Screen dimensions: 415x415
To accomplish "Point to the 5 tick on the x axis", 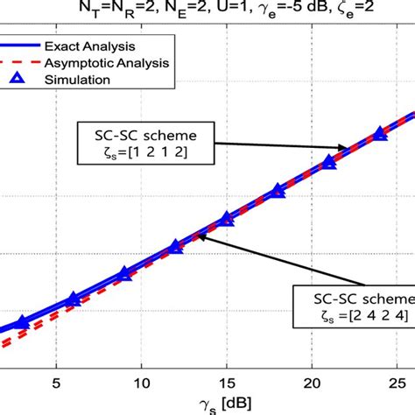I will (x=56, y=383).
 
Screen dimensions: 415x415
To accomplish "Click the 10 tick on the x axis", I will (x=141, y=383).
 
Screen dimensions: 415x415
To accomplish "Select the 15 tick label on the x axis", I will (x=227, y=383).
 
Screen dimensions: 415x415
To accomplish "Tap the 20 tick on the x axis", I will (x=313, y=383).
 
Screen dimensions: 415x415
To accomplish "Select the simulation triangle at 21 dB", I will (x=328, y=162).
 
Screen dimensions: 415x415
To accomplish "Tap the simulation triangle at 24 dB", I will (x=379, y=134).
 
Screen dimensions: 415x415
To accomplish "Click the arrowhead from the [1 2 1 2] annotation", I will (x=348, y=149).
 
